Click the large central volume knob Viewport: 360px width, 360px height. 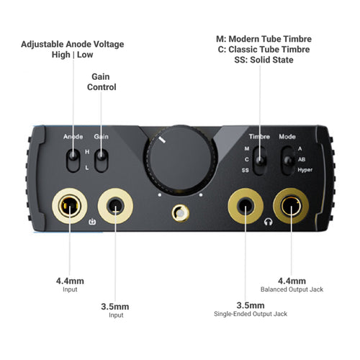tap(181, 160)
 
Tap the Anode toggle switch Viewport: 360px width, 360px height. tap(73, 161)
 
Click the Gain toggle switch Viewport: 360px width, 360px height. tap(102, 161)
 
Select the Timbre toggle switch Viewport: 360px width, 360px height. tap(260, 161)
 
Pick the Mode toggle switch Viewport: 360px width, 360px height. tap(288, 161)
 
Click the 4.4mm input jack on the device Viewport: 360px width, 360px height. tap(70, 206)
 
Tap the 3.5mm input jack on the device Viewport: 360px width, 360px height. tap(115, 206)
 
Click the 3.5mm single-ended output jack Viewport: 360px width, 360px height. tap(246, 206)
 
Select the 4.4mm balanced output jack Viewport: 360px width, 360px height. tap(291, 206)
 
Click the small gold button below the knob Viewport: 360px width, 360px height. tap(181, 213)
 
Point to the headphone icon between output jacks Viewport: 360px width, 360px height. tap(269, 222)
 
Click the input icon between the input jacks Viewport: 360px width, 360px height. tap(92, 222)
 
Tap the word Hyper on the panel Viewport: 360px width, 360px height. tap(305, 170)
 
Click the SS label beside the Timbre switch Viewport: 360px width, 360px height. tap(245, 170)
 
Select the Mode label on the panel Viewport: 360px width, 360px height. tap(287, 137)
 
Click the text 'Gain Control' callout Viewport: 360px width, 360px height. tap(102, 82)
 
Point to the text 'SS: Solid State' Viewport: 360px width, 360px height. tap(264, 60)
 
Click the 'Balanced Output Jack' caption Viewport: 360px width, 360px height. tap(292, 289)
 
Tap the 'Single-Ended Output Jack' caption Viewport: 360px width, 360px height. tap(251, 314)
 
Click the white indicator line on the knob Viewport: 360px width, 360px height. tap(163, 140)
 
